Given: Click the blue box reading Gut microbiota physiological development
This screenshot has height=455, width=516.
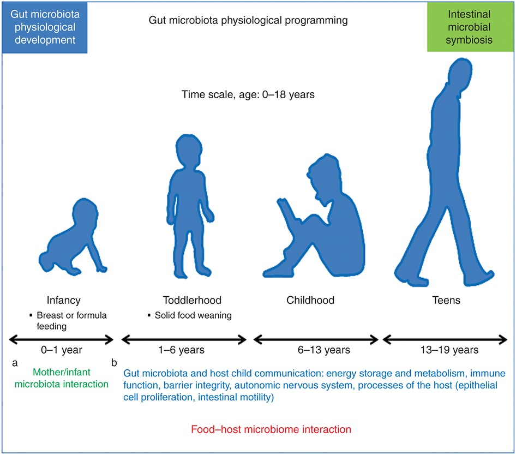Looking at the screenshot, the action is pos(45,27).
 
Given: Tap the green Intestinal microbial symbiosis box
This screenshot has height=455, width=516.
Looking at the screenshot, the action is pos(470,27).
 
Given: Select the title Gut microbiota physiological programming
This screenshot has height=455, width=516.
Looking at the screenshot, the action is pos(248,20).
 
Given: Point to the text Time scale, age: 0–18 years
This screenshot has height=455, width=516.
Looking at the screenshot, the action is pos(248,95).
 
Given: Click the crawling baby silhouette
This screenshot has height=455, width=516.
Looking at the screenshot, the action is pos(73,237).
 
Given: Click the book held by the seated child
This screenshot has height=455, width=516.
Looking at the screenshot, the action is pos(286,211).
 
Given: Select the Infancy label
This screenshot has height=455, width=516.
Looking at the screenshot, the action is pos(63,300).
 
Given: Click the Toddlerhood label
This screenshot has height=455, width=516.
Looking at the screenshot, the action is pos(192,300).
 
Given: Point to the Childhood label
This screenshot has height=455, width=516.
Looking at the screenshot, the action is pos(310,300).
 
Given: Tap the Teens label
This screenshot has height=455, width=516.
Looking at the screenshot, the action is pos(446,300).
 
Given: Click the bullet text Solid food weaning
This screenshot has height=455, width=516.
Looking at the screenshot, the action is pos(193,315).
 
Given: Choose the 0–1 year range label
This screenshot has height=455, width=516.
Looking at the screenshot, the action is pos(62,350).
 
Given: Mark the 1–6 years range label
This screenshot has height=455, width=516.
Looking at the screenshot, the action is pos(181,350).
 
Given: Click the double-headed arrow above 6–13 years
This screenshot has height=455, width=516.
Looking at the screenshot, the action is pos(316,340).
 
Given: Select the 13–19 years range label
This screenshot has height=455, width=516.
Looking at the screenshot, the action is pos(449,350).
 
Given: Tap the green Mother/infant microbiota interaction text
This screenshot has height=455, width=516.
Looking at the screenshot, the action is pos(62,378).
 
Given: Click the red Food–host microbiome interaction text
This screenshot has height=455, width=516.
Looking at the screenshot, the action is pos(271,429).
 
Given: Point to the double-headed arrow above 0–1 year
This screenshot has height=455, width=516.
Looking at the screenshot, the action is pos(61,340).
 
